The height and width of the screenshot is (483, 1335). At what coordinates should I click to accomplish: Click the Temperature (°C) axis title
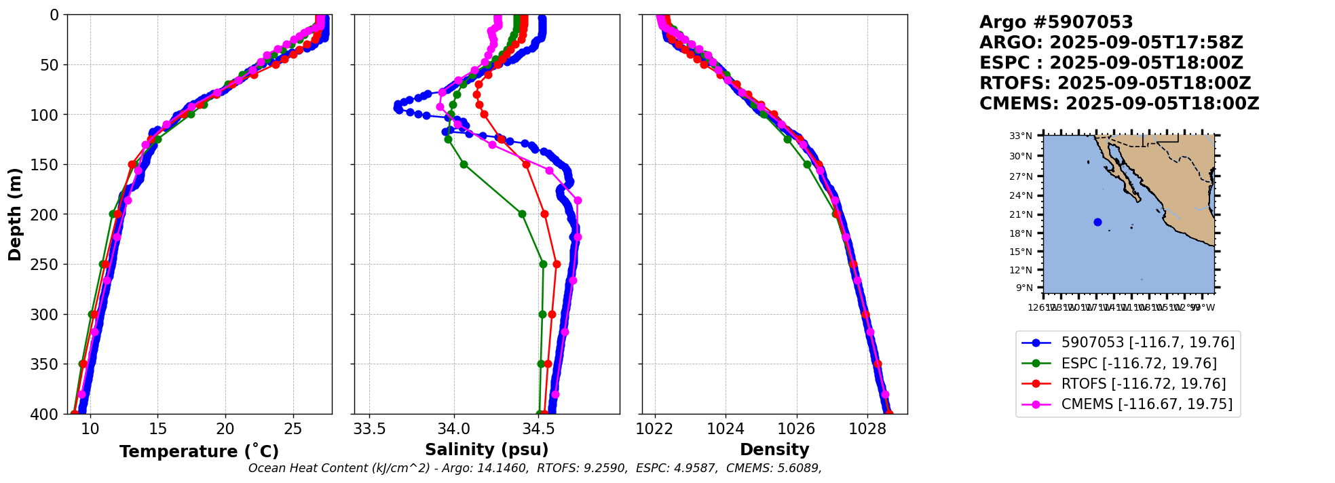click(199, 452)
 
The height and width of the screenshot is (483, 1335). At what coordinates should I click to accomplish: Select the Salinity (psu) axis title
click(487, 450)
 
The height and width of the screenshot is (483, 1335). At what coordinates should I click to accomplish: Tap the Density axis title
click(774, 450)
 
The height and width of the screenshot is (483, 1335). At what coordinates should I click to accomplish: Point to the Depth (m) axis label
click(15, 214)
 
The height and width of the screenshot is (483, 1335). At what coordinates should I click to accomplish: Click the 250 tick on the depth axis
click(48, 265)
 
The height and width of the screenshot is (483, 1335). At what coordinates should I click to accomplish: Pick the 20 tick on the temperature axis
click(225, 429)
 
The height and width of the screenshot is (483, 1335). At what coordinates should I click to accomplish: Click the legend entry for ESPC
click(1139, 364)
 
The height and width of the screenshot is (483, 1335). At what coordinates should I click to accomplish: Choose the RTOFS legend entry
click(1144, 384)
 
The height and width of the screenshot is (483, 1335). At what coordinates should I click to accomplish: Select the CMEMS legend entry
click(1147, 405)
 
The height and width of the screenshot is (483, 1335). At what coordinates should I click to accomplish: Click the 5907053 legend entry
click(1148, 343)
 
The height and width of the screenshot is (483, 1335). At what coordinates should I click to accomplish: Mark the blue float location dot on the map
click(1097, 222)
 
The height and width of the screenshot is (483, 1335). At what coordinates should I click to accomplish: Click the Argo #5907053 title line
click(1056, 22)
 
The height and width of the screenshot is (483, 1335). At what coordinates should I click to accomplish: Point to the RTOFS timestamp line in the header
click(1114, 83)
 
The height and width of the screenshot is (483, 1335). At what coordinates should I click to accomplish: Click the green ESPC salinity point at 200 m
click(522, 214)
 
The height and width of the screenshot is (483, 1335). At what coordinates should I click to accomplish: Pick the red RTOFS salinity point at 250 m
click(557, 264)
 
